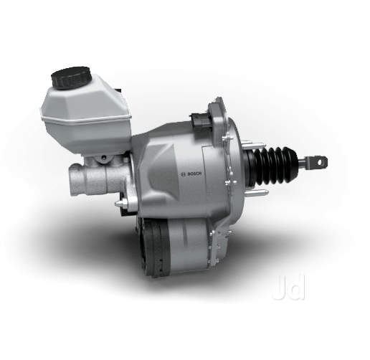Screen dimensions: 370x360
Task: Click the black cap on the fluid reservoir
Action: tap(72, 78)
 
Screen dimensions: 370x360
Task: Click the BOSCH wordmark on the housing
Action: tap(194, 174)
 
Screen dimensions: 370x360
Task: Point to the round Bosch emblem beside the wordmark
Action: tap(184, 174)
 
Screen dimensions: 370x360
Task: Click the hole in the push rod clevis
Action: tap(320, 162)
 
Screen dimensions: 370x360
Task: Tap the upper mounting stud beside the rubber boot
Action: tap(253, 145)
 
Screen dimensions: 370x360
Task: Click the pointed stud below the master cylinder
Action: tap(121, 204)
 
